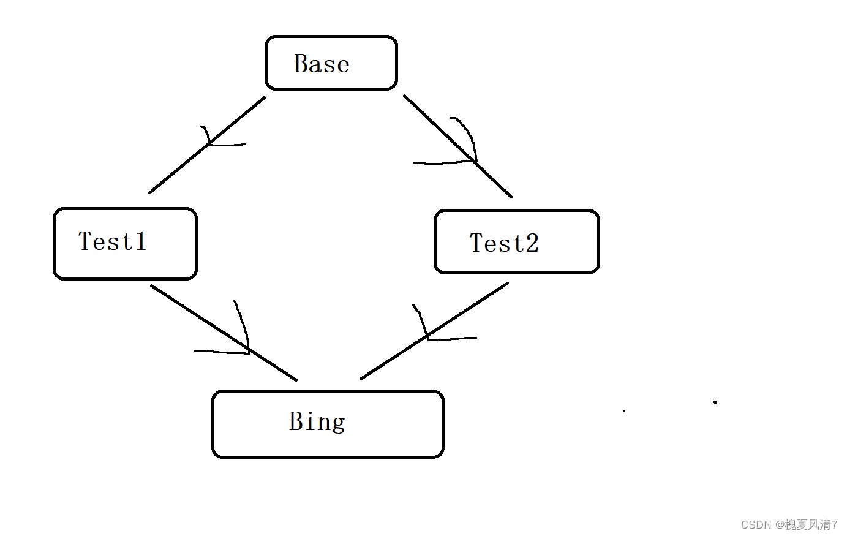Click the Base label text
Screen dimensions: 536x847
(322, 64)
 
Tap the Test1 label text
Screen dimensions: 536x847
(113, 241)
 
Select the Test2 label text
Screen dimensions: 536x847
(504, 243)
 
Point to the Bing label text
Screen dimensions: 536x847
(317, 421)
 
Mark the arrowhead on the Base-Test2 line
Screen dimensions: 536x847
(473, 160)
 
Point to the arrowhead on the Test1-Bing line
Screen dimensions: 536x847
(247, 350)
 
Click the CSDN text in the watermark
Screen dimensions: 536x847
(756, 525)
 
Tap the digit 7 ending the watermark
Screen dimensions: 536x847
(834, 525)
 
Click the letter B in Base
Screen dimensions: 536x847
(301, 64)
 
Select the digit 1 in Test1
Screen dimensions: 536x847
(141, 241)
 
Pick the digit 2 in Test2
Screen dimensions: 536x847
(532, 243)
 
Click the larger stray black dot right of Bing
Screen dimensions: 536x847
(715, 402)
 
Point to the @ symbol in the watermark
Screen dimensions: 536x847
(780, 525)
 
